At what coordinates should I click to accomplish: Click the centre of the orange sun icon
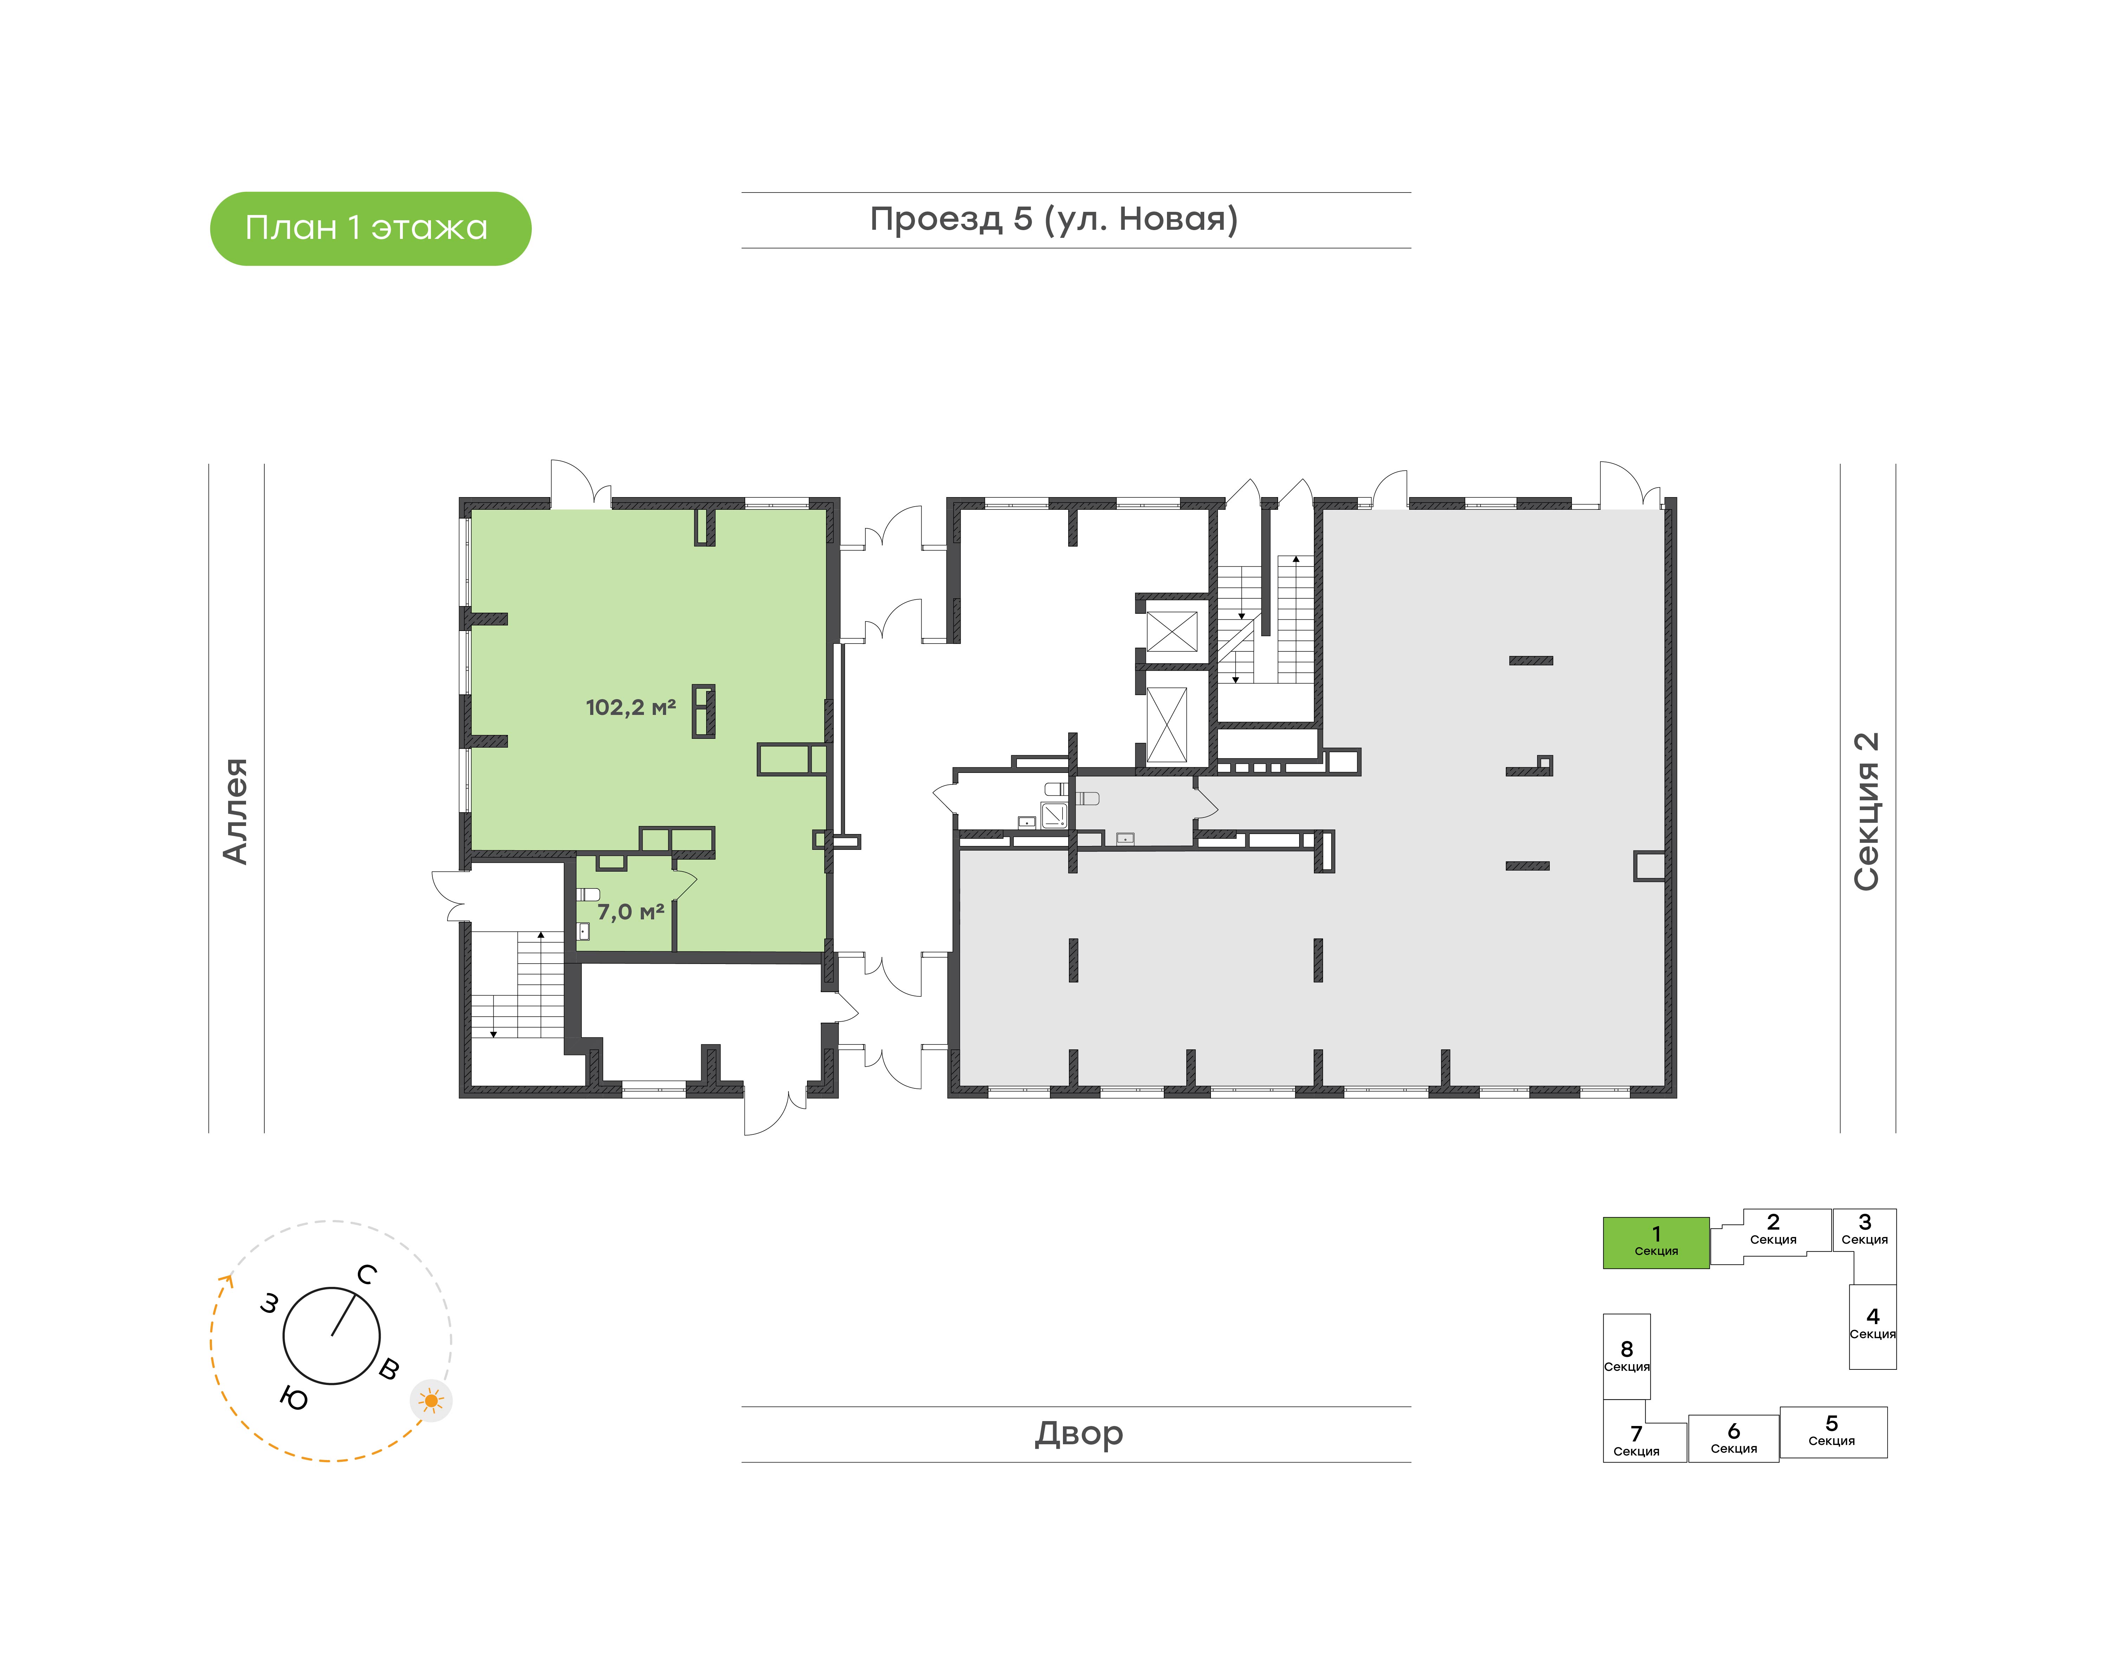431,1400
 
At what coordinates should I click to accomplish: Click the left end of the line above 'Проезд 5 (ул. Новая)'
742,193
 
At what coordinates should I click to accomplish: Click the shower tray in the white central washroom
1054,814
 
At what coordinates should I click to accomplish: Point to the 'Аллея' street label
236,810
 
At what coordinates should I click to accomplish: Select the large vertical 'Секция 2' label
1866,812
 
